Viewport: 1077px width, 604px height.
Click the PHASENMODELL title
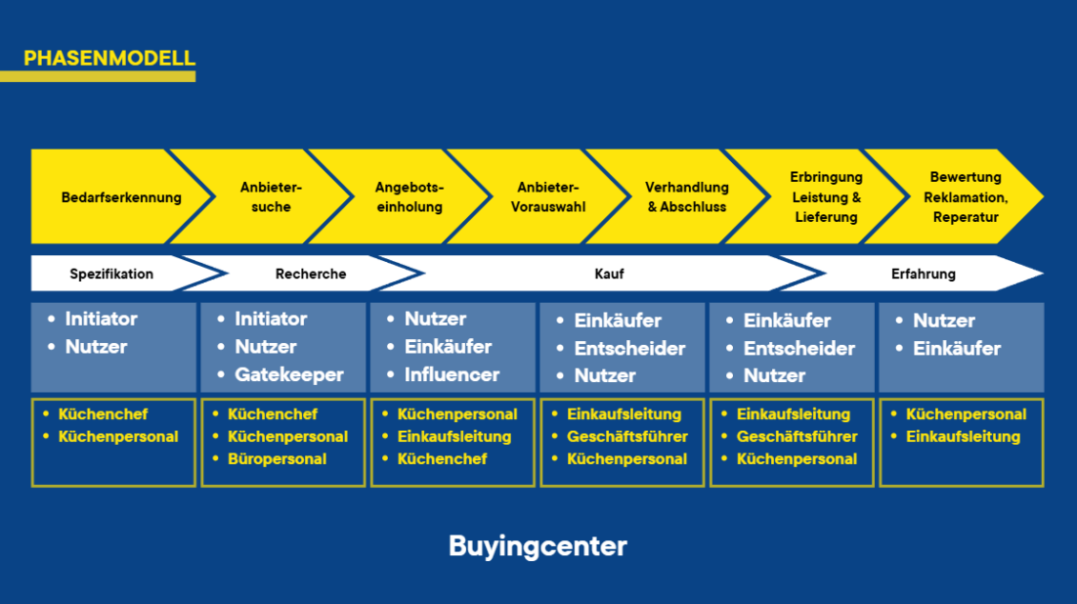coord(109,59)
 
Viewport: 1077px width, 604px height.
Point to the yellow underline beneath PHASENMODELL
coord(98,76)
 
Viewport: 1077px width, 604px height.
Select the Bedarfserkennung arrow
coord(121,197)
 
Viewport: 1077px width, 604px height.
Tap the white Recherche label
coord(311,274)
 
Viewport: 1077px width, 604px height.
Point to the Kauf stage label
coord(609,274)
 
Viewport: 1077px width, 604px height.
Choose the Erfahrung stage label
coord(924,274)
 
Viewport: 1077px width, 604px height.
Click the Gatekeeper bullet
coord(288,374)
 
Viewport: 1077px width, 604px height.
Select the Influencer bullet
coord(452,374)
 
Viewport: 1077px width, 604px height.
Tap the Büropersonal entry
coord(277,459)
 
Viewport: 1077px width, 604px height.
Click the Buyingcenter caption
coord(538,546)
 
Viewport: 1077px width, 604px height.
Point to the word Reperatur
coord(965,217)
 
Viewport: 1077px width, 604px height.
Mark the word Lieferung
coord(826,217)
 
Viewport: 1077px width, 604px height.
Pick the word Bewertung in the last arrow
coord(965,177)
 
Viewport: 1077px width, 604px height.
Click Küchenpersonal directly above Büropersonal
coord(287,436)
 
